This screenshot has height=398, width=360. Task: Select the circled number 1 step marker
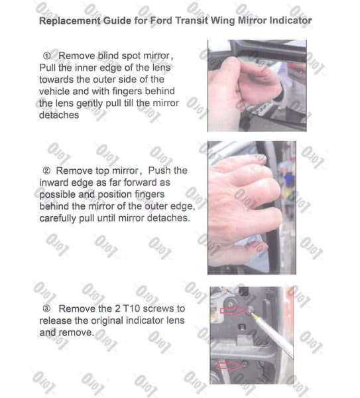[46, 56]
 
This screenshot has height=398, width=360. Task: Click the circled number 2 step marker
[46, 171]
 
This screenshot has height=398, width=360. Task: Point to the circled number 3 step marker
[46, 308]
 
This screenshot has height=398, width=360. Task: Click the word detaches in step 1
[59, 115]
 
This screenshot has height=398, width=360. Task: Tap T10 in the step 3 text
[131, 308]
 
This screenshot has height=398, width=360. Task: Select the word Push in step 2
[158, 170]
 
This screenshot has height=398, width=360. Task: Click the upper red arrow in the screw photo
[233, 310]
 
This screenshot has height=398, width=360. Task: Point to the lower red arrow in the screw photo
[229, 365]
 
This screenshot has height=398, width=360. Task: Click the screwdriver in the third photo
[271, 333]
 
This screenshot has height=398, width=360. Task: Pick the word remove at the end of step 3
[77, 332]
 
